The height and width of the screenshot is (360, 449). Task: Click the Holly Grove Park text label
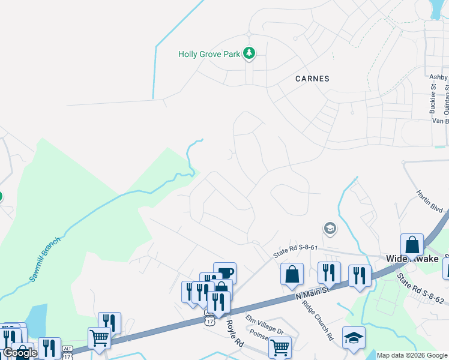tap(209, 54)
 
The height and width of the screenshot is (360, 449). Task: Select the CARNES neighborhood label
tap(312, 79)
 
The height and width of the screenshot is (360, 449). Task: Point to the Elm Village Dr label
tap(265, 324)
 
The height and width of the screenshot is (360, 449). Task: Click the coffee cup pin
tap(224, 273)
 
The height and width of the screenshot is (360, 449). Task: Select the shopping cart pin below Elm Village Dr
tap(280, 347)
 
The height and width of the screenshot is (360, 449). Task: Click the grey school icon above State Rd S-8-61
tap(329, 228)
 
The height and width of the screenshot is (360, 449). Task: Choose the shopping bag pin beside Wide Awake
tap(412, 245)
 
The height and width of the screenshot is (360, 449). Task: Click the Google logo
tap(19, 353)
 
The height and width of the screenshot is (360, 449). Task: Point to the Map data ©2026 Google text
tap(411, 355)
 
